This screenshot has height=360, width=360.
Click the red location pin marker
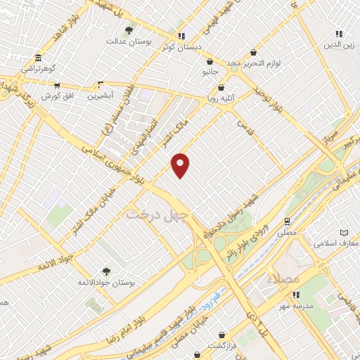pyautogui.click(x=181, y=165)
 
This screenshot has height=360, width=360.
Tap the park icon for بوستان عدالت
pyautogui.click(x=128, y=30)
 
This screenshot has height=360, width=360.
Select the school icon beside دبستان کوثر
pyautogui.click(x=181, y=36)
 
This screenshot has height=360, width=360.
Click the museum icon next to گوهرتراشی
pyautogui.click(x=37, y=58)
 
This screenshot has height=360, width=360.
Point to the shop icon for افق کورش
pyautogui.click(x=56, y=84)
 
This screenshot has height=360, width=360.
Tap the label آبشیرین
pyautogui.click(x=101, y=96)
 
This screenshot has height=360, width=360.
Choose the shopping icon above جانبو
pyautogui.click(x=211, y=60)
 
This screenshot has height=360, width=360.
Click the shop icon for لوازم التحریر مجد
pyautogui.click(x=254, y=53)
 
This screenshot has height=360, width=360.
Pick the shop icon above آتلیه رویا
pyautogui.click(x=222, y=88)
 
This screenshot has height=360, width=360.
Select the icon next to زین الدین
pyautogui.click(x=339, y=33)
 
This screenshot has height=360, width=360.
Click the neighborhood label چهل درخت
pyautogui.click(x=154, y=214)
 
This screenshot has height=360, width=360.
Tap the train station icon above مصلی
pyautogui.click(x=287, y=220)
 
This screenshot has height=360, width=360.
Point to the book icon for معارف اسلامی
pyautogui.click(x=344, y=232)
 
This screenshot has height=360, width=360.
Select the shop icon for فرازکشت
pyautogui.click(x=222, y=335)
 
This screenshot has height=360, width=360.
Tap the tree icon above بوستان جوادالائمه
pyautogui.click(x=105, y=271)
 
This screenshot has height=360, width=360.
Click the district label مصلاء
pyautogui.click(x=283, y=278)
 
